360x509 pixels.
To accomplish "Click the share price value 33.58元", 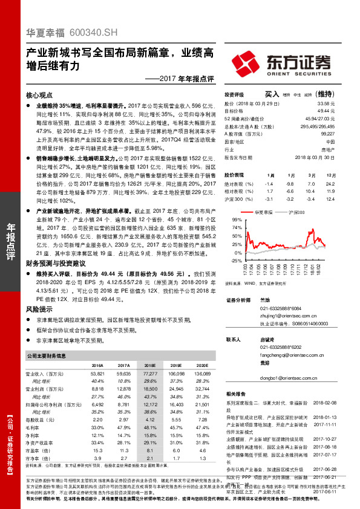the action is tap(326, 103).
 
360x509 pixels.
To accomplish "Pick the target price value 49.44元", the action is tap(326, 111).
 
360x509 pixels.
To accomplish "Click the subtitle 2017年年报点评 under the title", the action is tap(188, 79).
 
